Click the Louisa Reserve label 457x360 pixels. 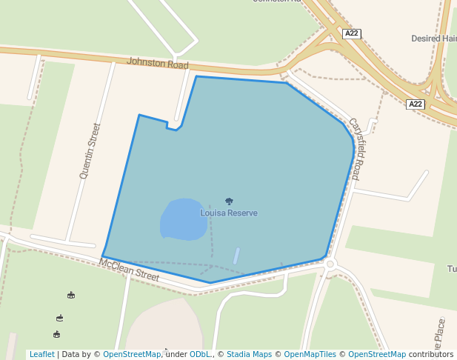click(x=229, y=213)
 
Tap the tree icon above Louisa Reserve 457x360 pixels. click(x=229, y=201)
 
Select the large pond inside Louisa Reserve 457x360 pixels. click(x=183, y=220)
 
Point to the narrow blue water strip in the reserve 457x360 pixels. click(x=236, y=256)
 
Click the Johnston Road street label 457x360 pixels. click(x=158, y=64)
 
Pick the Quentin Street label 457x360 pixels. click(x=90, y=151)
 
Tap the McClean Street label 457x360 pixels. click(x=129, y=270)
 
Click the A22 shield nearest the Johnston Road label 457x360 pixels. click(x=352, y=34)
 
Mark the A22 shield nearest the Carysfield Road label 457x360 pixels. click(x=416, y=104)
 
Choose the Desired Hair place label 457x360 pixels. click(x=434, y=39)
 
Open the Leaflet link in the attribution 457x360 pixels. click(x=41, y=355)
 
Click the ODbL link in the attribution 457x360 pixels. click(x=200, y=355)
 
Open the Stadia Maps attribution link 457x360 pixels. click(x=249, y=355)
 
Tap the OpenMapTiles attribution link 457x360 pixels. click(x=307, y=355)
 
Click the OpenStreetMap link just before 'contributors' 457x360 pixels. click(x=377, y=355)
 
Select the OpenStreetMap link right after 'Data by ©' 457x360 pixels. click(x=132, y=355)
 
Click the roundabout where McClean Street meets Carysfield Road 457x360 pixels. click(x=330, y=264)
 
